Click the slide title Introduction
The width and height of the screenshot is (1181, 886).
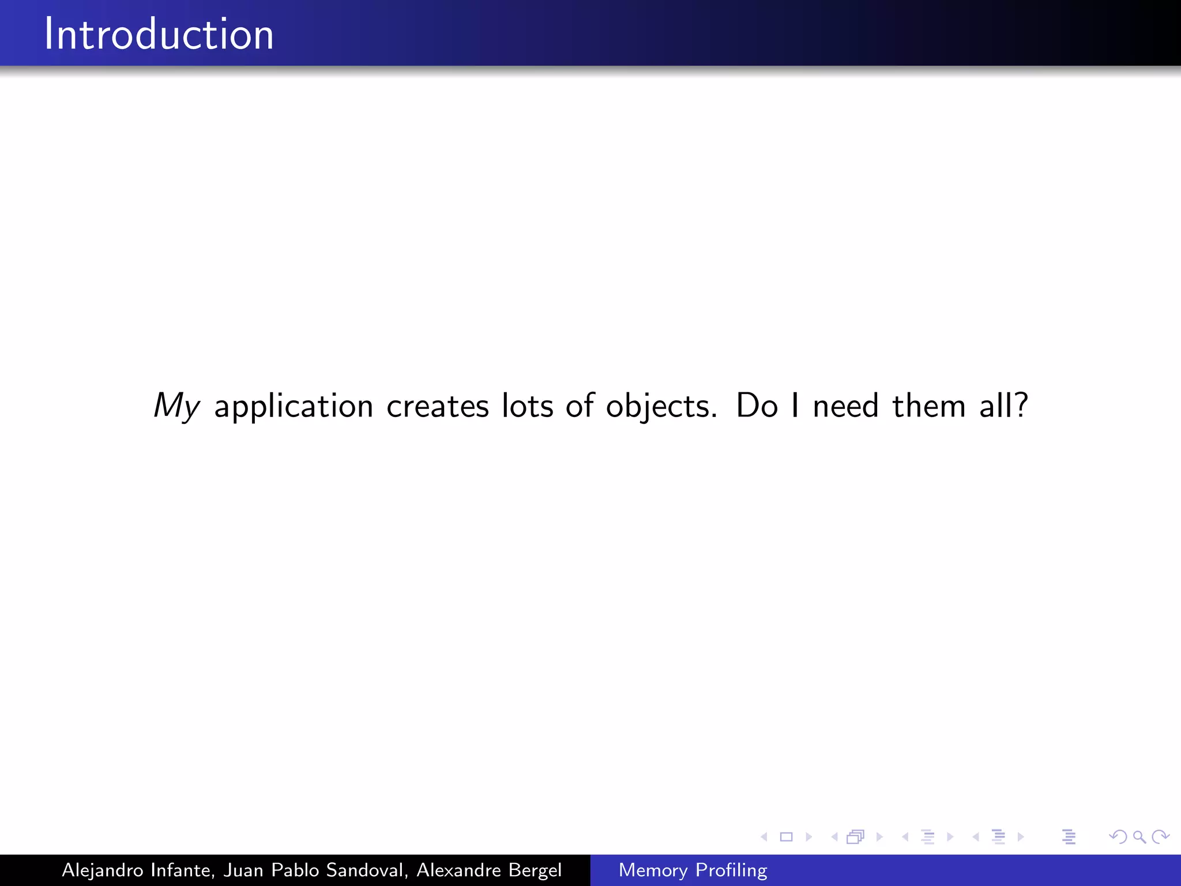[159, 35]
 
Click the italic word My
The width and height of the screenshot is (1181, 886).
[176, 406]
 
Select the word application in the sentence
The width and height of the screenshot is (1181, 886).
[294, 406]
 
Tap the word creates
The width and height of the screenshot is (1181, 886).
[437, 406]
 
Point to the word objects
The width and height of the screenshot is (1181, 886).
[661, 406]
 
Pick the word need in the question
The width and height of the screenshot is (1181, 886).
[845, 406]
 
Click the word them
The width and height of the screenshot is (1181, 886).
[928, 406]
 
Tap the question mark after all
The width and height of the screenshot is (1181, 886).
[1021, 405]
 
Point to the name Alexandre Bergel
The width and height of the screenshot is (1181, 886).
[489, 870]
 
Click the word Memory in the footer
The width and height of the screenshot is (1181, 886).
[653, 870]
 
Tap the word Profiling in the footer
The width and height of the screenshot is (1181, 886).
[731, 870]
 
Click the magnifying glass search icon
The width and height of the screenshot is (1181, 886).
[1139, 836]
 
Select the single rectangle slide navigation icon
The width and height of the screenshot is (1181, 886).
[786, 836]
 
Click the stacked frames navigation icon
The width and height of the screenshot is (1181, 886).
[856, 836]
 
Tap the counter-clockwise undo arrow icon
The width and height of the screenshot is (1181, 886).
[1118, 836]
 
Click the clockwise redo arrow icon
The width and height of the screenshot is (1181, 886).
[1160, 836]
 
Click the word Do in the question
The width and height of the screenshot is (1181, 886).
[757, 406]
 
